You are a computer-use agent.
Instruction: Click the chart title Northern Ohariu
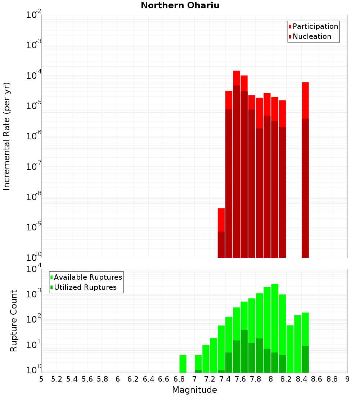(x=180, y=6)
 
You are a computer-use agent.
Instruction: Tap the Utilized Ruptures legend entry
(x=85, y=288)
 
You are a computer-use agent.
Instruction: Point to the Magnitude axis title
(x=194, y=390)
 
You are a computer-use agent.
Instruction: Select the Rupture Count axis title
(x=14, y=321)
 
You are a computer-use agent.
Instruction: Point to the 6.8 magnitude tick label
(x=179, y=379)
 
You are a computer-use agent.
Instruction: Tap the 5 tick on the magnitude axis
(x=41, y=379)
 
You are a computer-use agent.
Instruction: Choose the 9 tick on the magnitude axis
(x=347, y=379)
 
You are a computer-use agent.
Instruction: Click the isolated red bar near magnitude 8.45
(x=305, y=169)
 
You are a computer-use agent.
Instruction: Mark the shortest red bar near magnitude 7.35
(x=221, y=233)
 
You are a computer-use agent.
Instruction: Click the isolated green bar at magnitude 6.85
(x=183, y=364)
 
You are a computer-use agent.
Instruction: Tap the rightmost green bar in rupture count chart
(x=305, y=342)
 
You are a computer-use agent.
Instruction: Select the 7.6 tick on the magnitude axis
(x=240, y=379)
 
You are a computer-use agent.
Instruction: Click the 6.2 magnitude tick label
(x=133, y=379)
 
